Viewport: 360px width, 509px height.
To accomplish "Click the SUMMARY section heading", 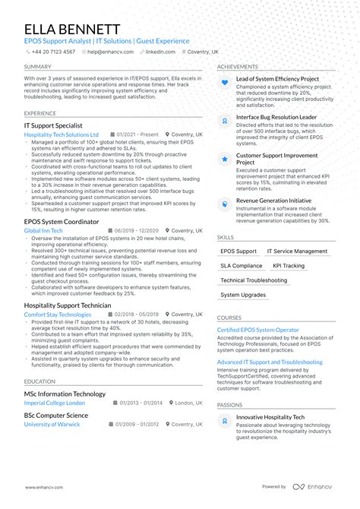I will pos(37,67).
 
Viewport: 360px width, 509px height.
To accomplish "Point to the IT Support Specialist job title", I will pos(53,125).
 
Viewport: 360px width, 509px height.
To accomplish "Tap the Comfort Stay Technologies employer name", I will pos(57,314).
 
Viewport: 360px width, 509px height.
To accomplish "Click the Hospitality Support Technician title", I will pos(68,305).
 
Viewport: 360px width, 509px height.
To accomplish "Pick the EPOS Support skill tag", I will pos(238,251).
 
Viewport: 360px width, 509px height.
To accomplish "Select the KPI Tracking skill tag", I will pos(288,266).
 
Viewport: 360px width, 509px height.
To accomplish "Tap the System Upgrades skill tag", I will pos(243,295).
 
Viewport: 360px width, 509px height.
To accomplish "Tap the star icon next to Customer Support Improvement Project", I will pos(224,159).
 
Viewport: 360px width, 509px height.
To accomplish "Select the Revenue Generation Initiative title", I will pos(273,200).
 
